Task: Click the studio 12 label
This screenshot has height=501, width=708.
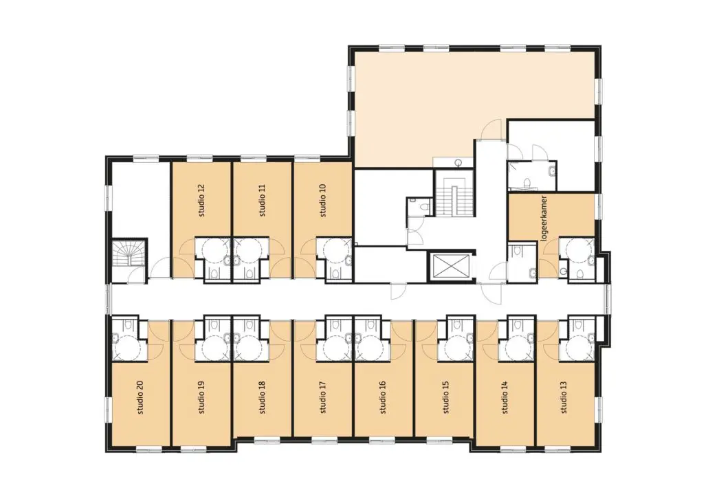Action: tap(201, 200)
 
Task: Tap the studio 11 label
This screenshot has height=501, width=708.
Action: tap(263, 200)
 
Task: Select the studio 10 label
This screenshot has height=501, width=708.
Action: tap(322, 200)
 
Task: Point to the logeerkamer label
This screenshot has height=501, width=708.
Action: tap(544, 219)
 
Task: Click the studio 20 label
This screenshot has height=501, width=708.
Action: tap(140, 398)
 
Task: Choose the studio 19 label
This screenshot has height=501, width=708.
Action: tap(201, 398)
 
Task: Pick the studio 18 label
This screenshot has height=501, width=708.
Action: tap(263, 398)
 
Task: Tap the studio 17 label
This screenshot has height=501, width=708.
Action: tap(322, 398)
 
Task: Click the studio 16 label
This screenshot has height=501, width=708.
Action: tap(383, 398)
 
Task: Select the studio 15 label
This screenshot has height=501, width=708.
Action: tap(446, 398)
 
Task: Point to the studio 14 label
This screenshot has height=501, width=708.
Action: tap(505, 398)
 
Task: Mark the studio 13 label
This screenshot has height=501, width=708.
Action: tap(564, 398)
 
